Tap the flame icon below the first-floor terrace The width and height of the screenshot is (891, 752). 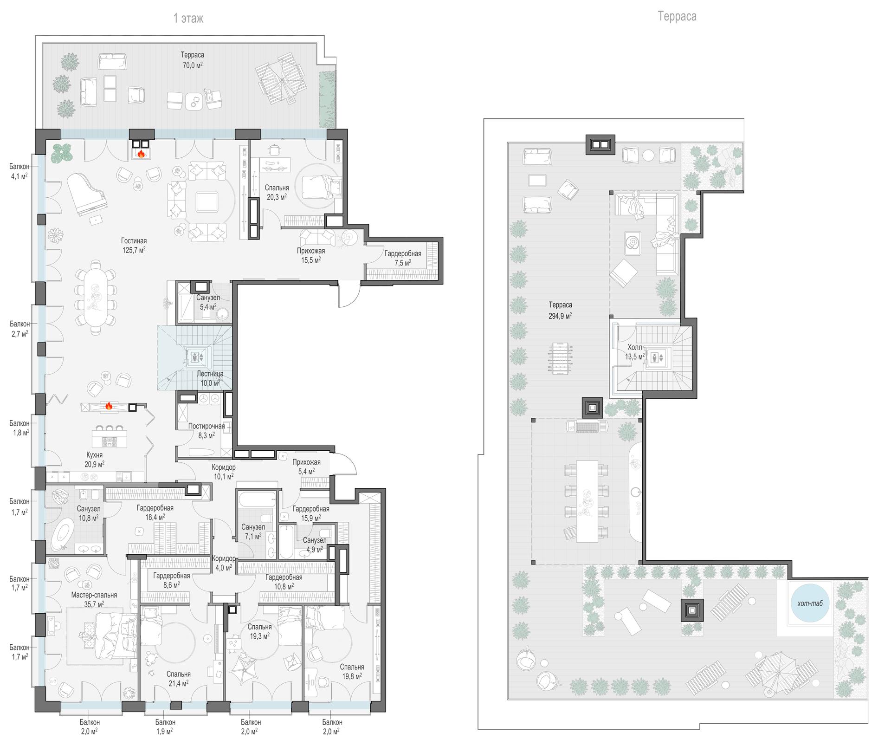tap(141, 153)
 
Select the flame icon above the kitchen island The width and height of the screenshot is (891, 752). tap(109, 406)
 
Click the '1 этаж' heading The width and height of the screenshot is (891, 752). tap(188, 19)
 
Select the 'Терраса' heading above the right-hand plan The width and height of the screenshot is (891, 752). tap(677, 17)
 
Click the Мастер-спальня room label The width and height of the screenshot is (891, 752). tap(94, 595)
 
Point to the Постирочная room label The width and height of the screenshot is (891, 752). tap(207, 426)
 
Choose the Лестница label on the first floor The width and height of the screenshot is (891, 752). tap(210, 374)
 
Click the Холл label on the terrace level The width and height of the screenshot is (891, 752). tap(635, 347)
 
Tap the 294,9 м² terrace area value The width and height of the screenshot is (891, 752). tap(560, 315)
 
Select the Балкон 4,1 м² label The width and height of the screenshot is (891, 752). tap(19, 171)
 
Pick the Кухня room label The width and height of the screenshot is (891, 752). tap(95, 455)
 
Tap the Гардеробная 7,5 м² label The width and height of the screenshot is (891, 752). tap(403, 258)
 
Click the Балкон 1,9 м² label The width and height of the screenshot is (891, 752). tap(165, 726)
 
